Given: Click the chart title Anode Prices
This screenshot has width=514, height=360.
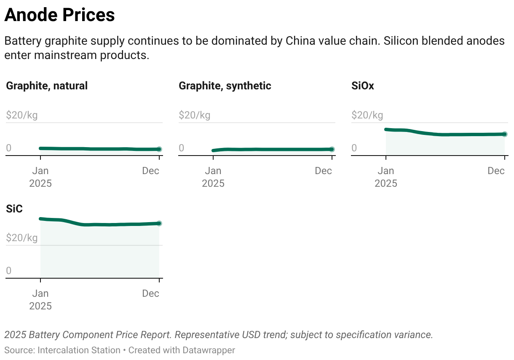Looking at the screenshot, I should pyautogui.click(x=59, y=16).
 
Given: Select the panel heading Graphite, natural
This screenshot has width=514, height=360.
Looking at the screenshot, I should pyautogui.click(x=47, y=86).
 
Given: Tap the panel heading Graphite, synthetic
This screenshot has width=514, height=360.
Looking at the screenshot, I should pyautogui.click(x=225, y=86).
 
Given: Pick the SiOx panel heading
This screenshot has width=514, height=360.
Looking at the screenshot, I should pyautogui.click(x=363, y=86).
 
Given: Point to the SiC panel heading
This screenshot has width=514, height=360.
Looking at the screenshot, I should pyautogui.click(x=14, y=208).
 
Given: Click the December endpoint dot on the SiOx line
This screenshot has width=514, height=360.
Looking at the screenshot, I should pyautogui.click(x=505, y=134).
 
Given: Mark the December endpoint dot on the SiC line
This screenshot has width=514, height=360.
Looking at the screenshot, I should pyautogui.click(x=159, y=223).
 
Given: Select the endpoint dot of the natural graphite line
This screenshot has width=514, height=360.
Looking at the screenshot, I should pyautogui.click(x=159, y=149).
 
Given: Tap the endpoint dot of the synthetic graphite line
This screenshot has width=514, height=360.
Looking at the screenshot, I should pyautogui.click(x=332, y=149).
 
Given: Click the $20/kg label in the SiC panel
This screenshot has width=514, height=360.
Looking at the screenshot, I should pyautogui.click(x=22, y=238).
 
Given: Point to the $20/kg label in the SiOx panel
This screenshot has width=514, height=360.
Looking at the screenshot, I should pyautogui.click(x=367, y=115).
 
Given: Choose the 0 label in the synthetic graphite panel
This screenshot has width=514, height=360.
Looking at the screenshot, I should pyautogui.click(x=182, y=148).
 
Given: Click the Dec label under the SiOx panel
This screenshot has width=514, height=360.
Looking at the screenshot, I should pyautogui.click(x=496, y=171).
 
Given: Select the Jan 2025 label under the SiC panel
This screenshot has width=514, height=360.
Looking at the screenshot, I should pyautogui.click(x=40, y=299).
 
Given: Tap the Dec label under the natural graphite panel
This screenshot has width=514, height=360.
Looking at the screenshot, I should pyautogui.click(x=150, y=171).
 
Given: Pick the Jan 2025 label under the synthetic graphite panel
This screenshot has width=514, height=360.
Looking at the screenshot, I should pyautogui.click(x=213, y=177).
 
